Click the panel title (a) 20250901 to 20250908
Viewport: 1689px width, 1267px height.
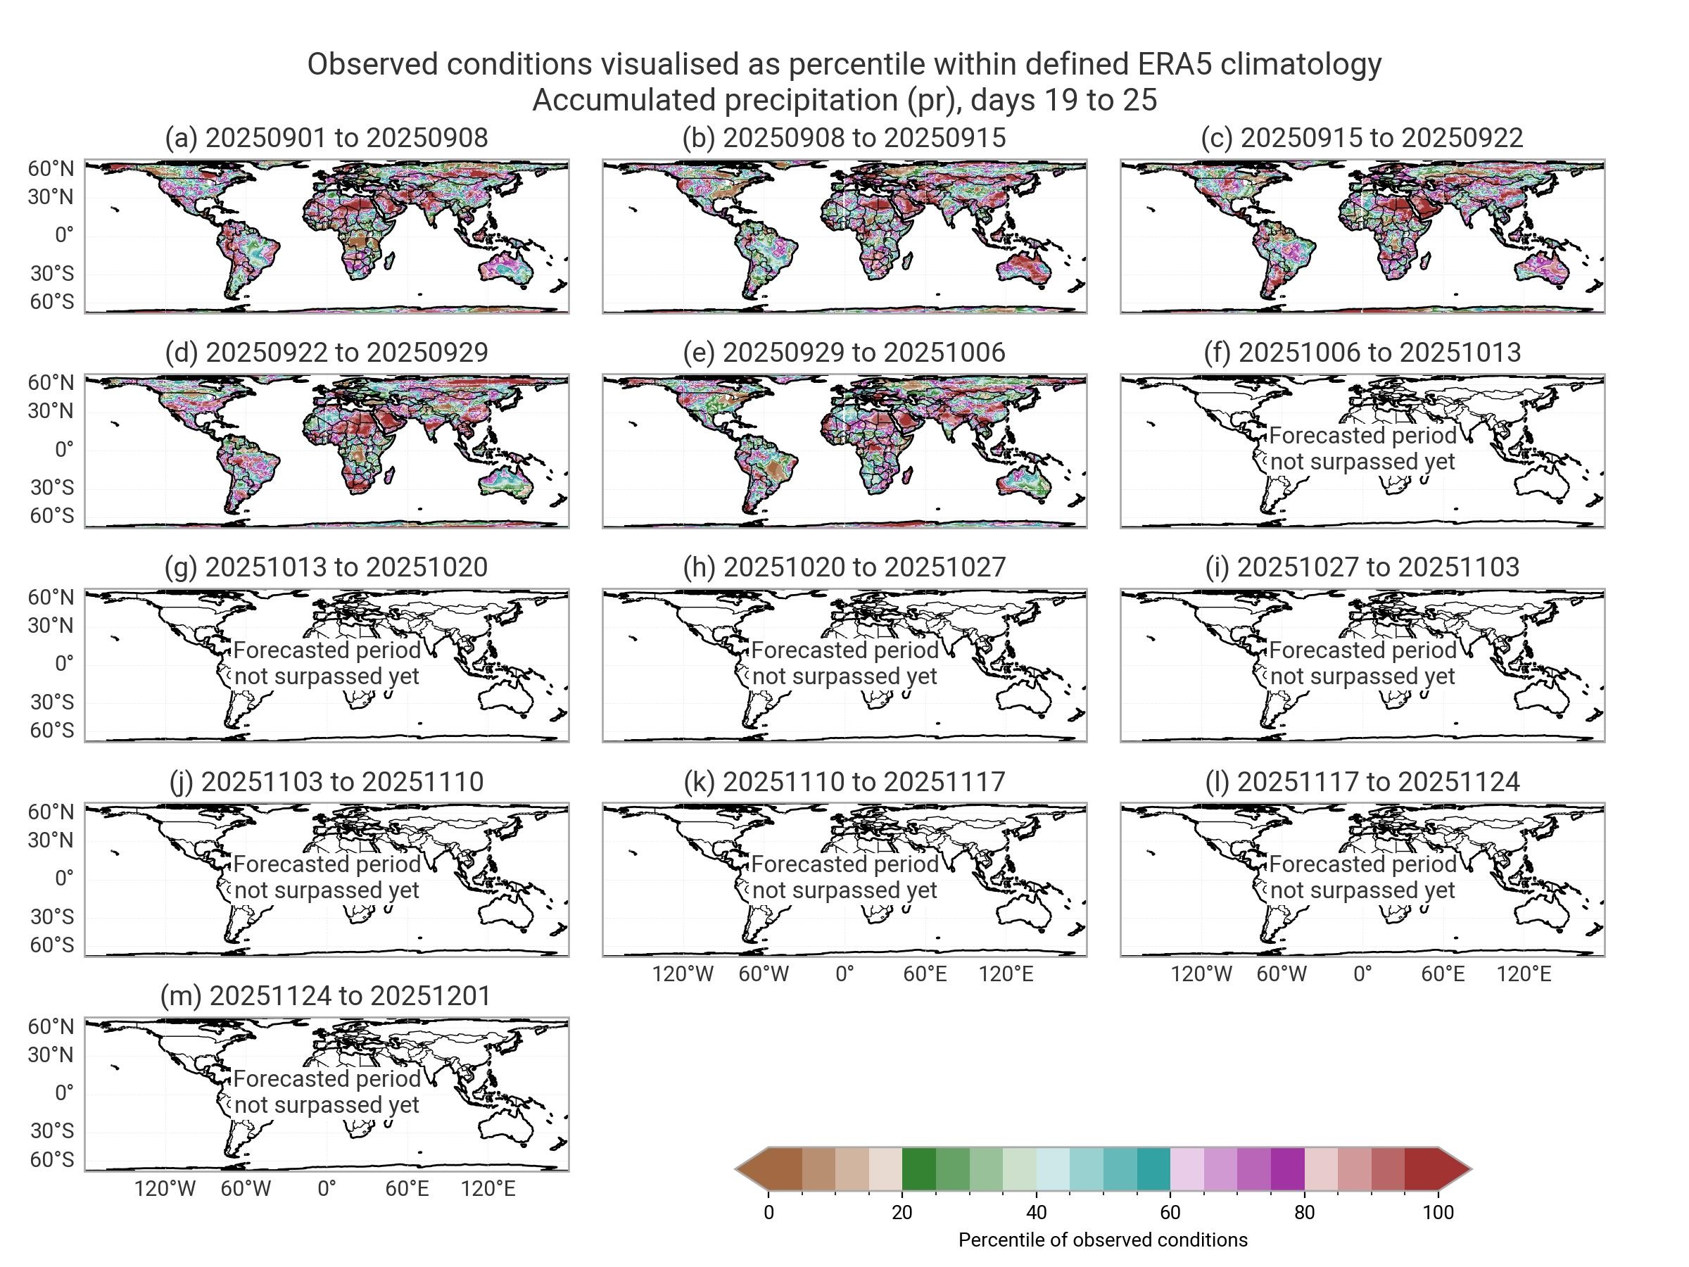coord(326,137)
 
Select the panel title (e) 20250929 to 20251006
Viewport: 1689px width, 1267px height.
coord(844,352)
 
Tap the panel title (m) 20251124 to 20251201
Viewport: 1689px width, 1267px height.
coord(325,996)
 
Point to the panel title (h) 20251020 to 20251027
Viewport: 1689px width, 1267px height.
coord(844,567)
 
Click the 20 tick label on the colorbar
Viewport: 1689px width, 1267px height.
coord(902,1213)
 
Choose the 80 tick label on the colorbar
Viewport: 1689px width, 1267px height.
coord(1304,1213)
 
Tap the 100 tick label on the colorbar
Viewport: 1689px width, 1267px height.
coord(1438,1213)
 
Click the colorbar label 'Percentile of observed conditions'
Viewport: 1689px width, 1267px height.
coord(1103,1240)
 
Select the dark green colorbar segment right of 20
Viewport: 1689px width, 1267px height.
coord(918,1169)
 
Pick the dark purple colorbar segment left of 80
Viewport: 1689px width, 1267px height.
coord(1287,1169)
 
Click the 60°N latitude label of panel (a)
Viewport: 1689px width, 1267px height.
coord(51,168)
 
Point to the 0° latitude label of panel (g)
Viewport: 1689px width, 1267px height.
coord(64,664)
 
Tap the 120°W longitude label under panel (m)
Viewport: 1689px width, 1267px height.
coord(165,1189)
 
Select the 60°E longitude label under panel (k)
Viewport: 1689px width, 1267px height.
coord(925,974)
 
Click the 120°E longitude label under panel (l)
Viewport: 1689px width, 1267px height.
coord(1524,974)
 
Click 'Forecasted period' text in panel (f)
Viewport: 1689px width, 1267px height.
coord(1362,435)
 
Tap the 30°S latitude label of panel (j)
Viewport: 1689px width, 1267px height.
coord(52,916)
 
